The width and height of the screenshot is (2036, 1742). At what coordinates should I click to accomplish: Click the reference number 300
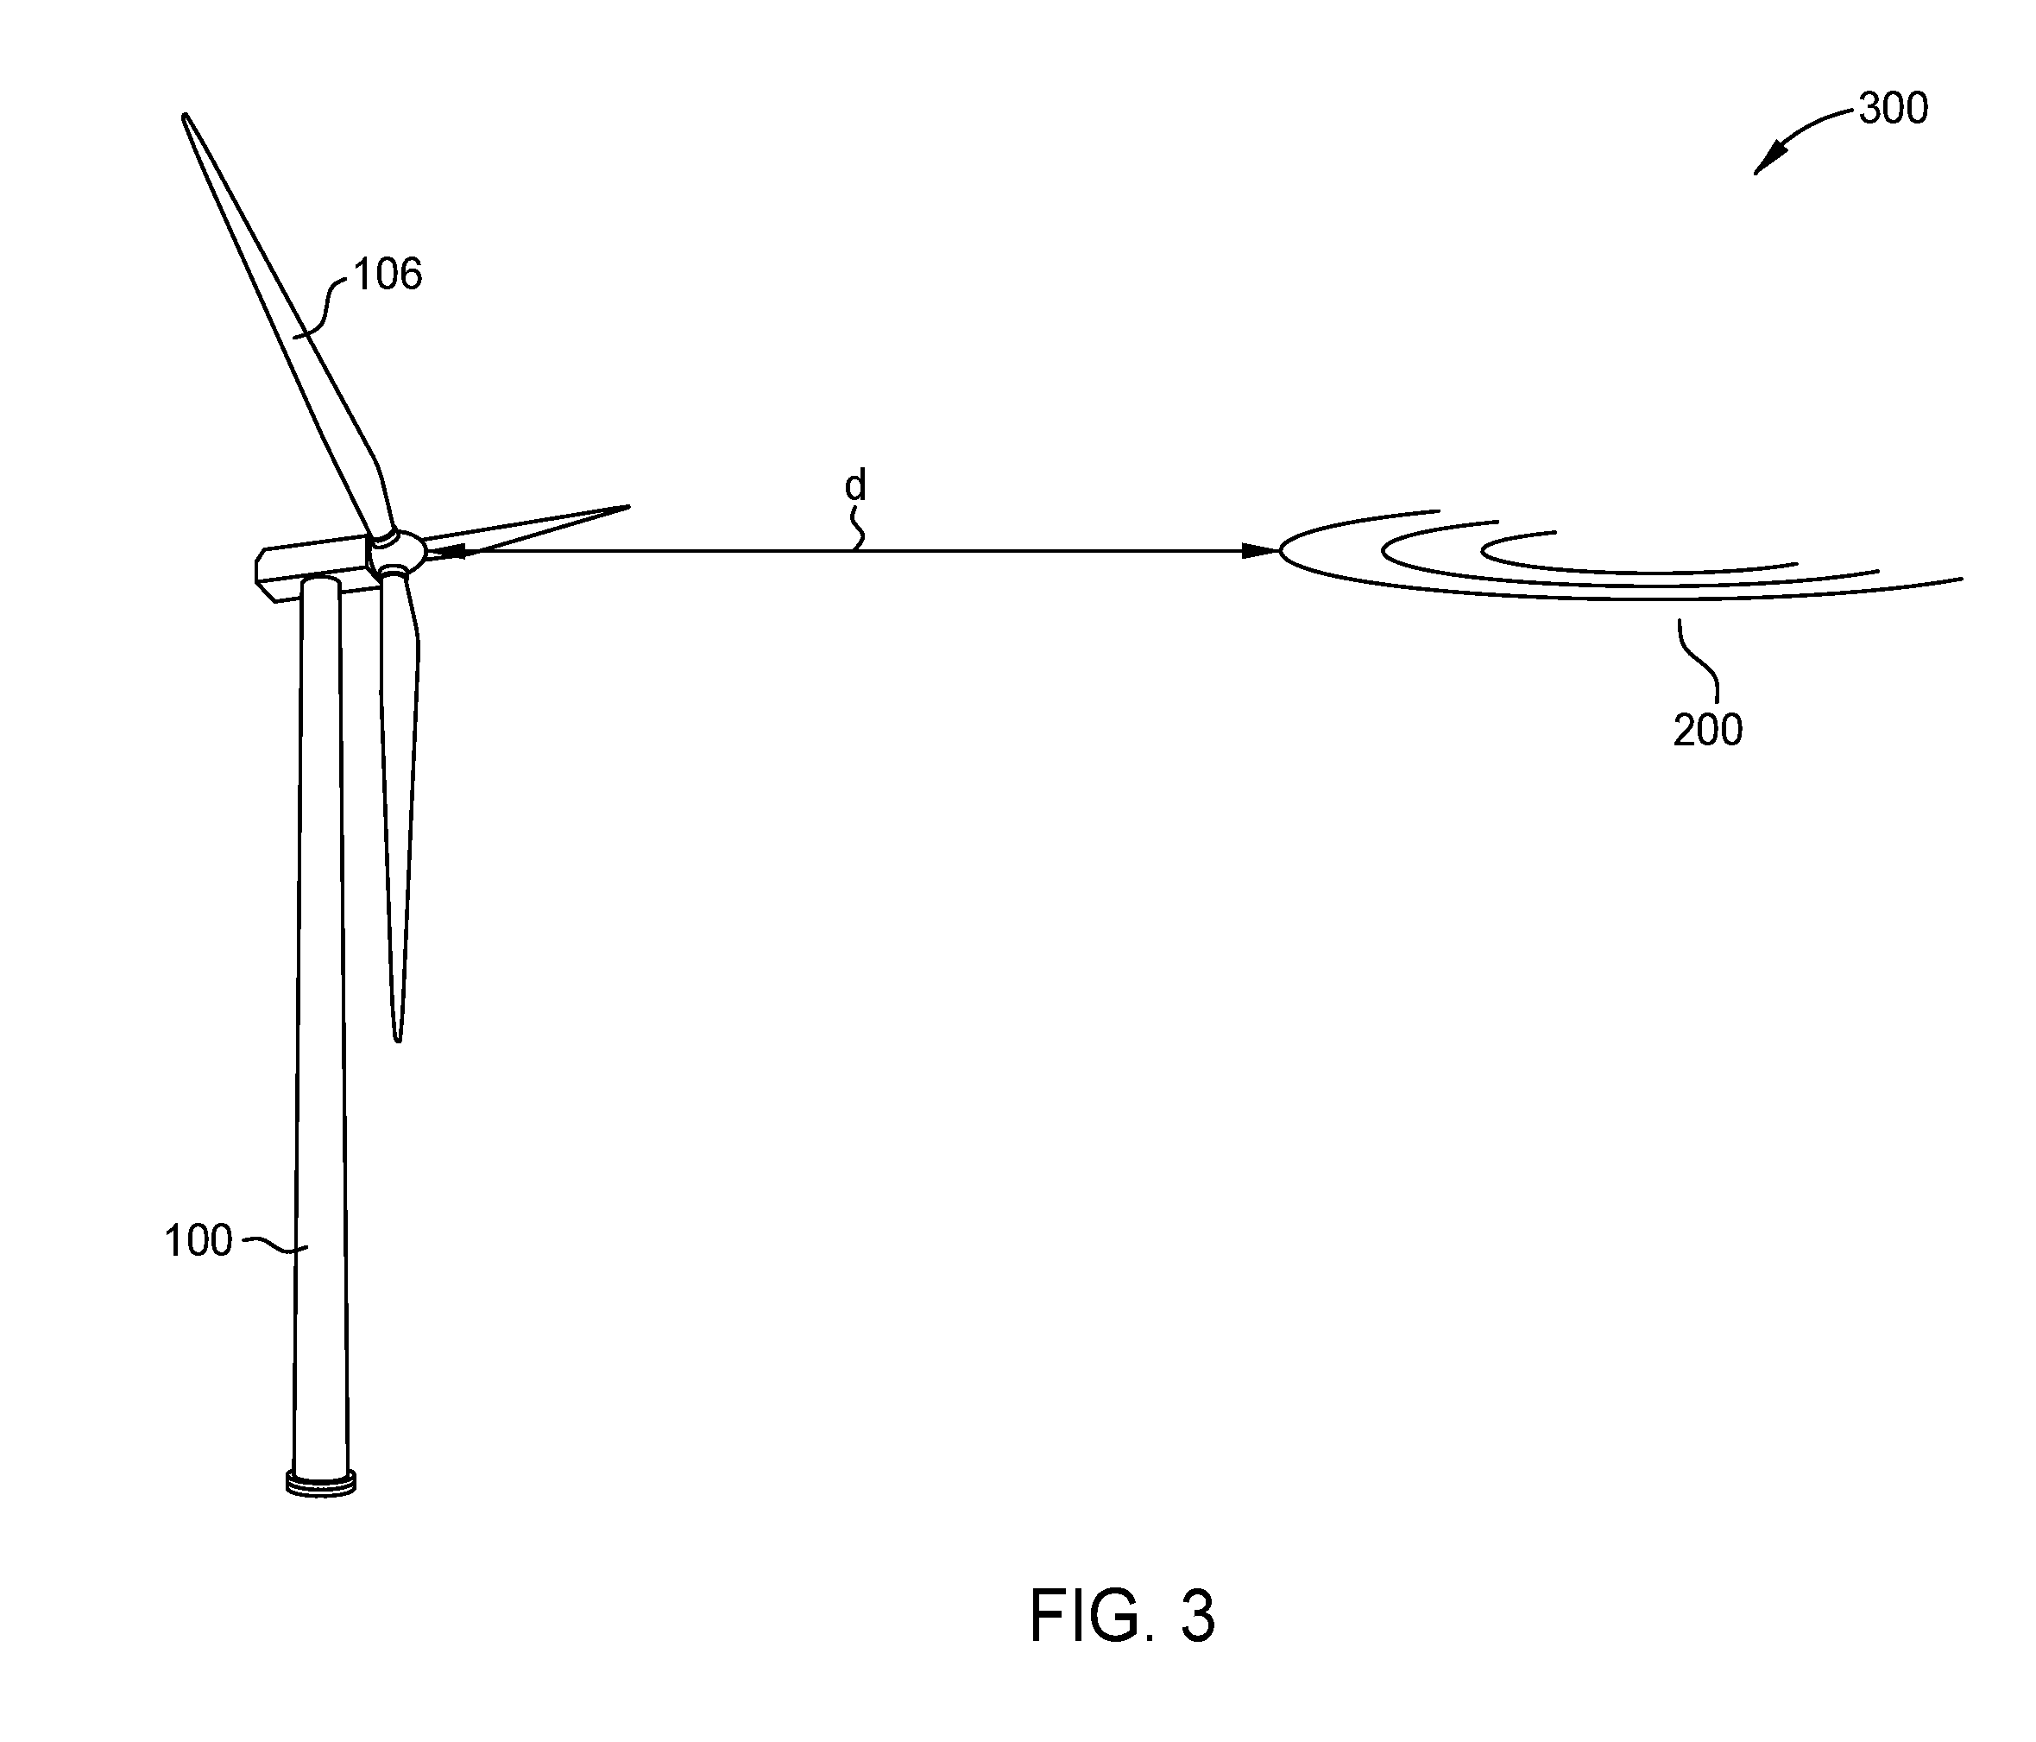[x=1894, y=109]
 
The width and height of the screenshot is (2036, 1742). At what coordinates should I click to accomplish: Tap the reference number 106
[x=388, y=276]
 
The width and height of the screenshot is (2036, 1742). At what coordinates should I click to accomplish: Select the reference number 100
[x=198, y=1242]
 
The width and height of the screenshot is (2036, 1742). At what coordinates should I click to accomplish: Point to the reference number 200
[x=1708, y=731]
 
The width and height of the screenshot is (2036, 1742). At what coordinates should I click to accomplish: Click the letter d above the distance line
[x=856, y=485]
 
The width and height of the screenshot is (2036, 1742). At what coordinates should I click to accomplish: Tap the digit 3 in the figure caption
[x=1197, y=1616]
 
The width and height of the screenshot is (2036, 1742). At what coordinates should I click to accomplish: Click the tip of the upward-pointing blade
[x=185, y=116]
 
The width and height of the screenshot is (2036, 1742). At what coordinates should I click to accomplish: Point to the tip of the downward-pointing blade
[x=398, y=1038]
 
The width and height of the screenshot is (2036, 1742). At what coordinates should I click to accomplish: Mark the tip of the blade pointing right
[x=627, y=507]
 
